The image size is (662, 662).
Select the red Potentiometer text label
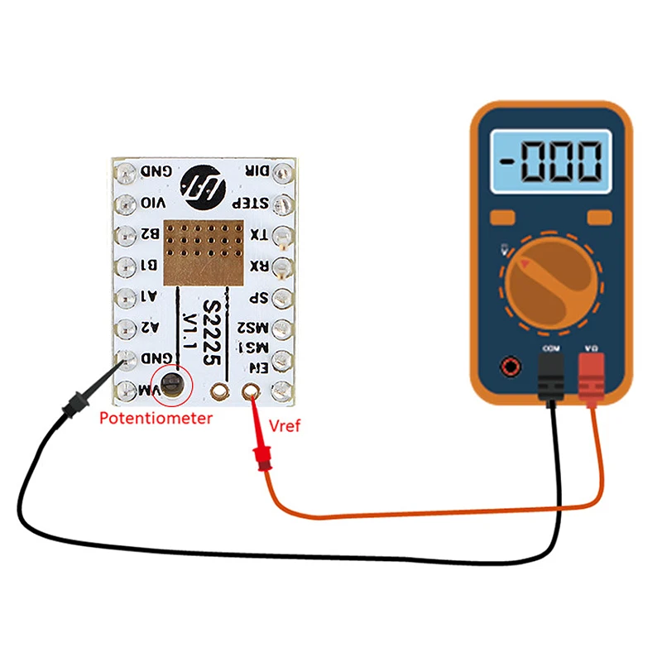[x=156, y=418]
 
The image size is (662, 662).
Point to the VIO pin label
[x=154, y=203]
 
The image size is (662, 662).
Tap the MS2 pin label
[x=253, y=329]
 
